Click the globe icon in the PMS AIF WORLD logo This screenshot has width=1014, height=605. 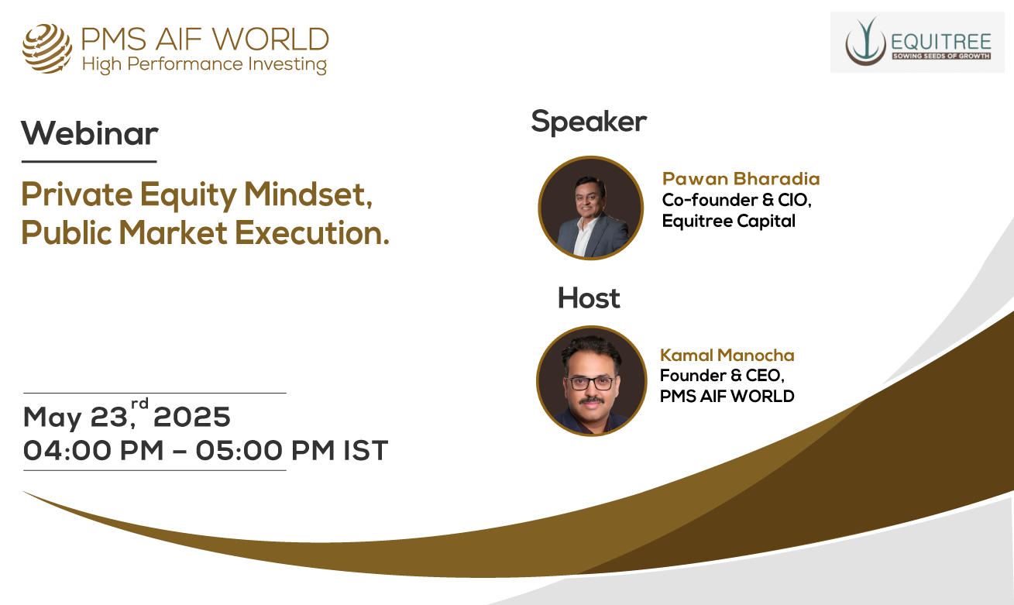click(x=47, y=49)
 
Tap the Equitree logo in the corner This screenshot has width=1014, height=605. click(x=918, y=42)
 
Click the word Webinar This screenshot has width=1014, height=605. click(x=90, y=133)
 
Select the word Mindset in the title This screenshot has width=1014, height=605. click(x=308, y=195)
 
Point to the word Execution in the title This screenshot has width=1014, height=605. click(x=312, y=233)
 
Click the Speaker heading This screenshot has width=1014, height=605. click(x=589, y=122)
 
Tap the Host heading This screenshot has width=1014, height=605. click(x=589, y=298)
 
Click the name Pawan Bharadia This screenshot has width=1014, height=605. click(x=741, y=179)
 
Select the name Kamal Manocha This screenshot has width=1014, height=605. click(x=727, y=356)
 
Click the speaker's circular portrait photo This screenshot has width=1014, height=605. click(x=591, y=208)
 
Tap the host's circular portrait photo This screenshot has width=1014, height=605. click(x=591, y=381)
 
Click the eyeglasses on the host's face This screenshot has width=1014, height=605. click(x=591, y=383)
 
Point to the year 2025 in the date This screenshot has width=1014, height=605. click(x=192, y=417)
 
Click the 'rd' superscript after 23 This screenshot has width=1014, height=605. click(x=140, y=404)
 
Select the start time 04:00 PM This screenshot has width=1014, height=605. click(x=93, y=451)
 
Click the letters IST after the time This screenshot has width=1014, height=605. click(x=366, y=451)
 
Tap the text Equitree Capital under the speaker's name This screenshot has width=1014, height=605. click(x=729, y=222)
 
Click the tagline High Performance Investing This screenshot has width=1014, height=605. click(x=205, y=64)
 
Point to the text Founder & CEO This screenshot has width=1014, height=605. click(x=722, y=376)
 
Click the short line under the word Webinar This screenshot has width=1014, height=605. click(x=89, y=161)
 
